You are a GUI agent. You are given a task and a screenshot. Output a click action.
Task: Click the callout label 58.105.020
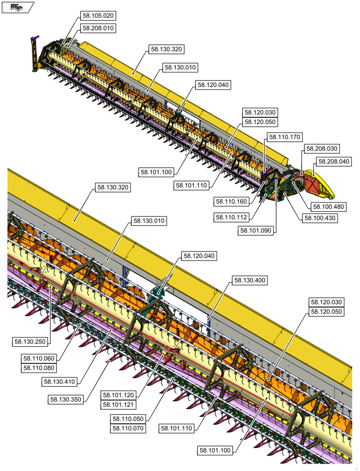(x=98, y=16)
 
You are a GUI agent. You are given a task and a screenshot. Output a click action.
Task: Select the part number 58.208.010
(x=98, y=28)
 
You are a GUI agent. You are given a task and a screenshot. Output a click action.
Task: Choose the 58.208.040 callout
(x=334, y=162)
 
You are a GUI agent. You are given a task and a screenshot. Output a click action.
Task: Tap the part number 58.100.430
(x=320, y=218)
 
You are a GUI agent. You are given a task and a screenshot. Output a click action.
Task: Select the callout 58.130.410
(x=60, y=382)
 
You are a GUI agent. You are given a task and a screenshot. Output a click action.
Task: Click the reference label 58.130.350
(x=65, y=399)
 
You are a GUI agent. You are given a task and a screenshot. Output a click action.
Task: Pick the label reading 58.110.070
(x=128, y=428)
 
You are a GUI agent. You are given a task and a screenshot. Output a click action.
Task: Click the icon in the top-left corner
(x=17, y=7)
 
